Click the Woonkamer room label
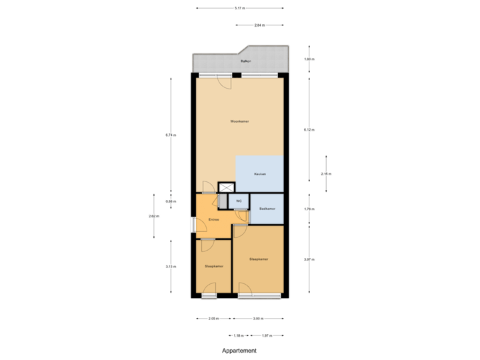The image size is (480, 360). pyautogui.click(x=239, y=121)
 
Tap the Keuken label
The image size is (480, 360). pyautogui.click(x=260, y=174)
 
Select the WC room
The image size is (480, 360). pyautogui.click(x=239, y=201)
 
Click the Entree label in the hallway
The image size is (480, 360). pyautogui.click(x=214, y=219)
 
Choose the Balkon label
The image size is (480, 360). pyautogui.click(x=245, y=62)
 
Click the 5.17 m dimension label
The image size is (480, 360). pyautogui.click(x=239, y=9)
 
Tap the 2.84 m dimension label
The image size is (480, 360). pyautogui.click(x=259, y=25)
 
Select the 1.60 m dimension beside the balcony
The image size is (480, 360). pyautogui.click(x=309, y=59)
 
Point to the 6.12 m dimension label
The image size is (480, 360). pyautogui.click(x=309, y=129)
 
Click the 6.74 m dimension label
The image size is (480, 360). pyautogui.click(x=170, y=135)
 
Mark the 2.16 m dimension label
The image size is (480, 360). pyautogui.click(x=326, y=174)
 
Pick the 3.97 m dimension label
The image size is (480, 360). pyautogui.click(x=309, y=259)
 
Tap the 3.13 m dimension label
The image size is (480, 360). pyautogui.click(x=170, y=267)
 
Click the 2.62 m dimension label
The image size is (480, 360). pyautogui.click(x=153, y=216)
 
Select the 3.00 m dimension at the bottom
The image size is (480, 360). pyautogui.click(x=257, y=319)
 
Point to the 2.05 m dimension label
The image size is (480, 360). pyautogui.click(x=213, y=319)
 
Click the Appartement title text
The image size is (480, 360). pyautogui.click(x=239, y=351)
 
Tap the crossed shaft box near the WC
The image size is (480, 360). pyautogui.click(x=227, y=188)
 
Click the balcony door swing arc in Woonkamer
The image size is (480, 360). pyautogui.click(x=225, y=83)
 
